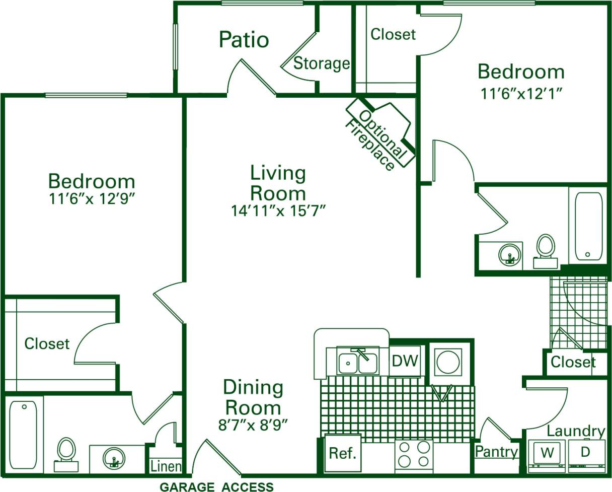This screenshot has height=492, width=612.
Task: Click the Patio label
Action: tap(244, 40)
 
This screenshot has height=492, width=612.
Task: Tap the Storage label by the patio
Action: tap(322, 63)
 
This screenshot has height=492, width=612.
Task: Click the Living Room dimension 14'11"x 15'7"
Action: tap(278, 210)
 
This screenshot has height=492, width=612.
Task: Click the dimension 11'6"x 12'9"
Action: tap(92, 199)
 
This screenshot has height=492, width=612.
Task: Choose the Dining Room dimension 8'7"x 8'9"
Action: tap(253, 425)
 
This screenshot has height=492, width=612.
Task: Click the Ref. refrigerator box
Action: tap(343, 453)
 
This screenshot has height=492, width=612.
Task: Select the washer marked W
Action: tap(547, 453)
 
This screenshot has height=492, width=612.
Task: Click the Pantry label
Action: tap(496, 452)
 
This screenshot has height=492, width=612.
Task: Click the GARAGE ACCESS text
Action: tap(216, 487)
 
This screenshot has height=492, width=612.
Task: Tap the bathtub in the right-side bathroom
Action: tap(588, 226)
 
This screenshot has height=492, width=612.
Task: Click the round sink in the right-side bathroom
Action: tap(509, 255)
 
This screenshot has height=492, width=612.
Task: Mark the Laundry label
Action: tap(576, 431)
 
